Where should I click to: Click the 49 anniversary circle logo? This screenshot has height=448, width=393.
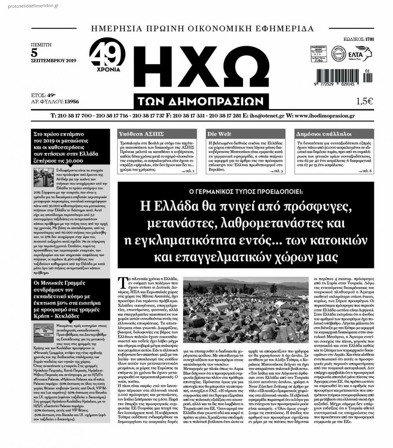tap(107, 55)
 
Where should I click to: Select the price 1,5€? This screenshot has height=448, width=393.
tap(364, 101)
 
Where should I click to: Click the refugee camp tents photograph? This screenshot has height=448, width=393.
tap(246, 310)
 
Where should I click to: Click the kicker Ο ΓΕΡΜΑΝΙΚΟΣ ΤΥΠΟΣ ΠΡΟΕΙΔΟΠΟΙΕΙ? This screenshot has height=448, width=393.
tap(246, 192)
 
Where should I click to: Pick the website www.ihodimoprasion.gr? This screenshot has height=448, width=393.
tap(324, 116)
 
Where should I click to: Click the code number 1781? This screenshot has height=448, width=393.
tap(369, 39)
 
